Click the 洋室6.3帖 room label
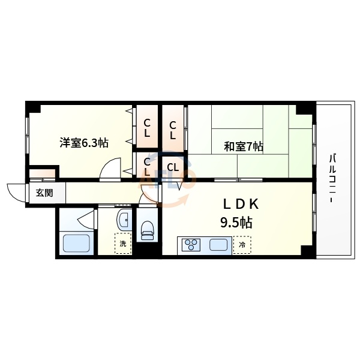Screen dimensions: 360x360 [83, 143]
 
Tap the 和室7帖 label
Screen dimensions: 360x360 [244, 146]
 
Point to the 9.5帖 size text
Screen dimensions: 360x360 [236, 223]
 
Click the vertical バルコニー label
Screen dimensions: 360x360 [332, 178]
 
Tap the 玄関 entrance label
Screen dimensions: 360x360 [44, 193]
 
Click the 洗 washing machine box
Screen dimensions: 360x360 [122, 244]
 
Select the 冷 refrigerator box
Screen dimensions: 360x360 [242, 244]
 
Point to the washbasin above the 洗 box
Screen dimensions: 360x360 [124, 220]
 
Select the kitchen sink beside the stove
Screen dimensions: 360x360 [218, 245]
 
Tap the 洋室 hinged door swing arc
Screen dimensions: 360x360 [110, 170]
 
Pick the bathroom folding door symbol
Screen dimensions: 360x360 [88, 218]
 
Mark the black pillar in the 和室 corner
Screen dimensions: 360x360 [305, 109]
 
